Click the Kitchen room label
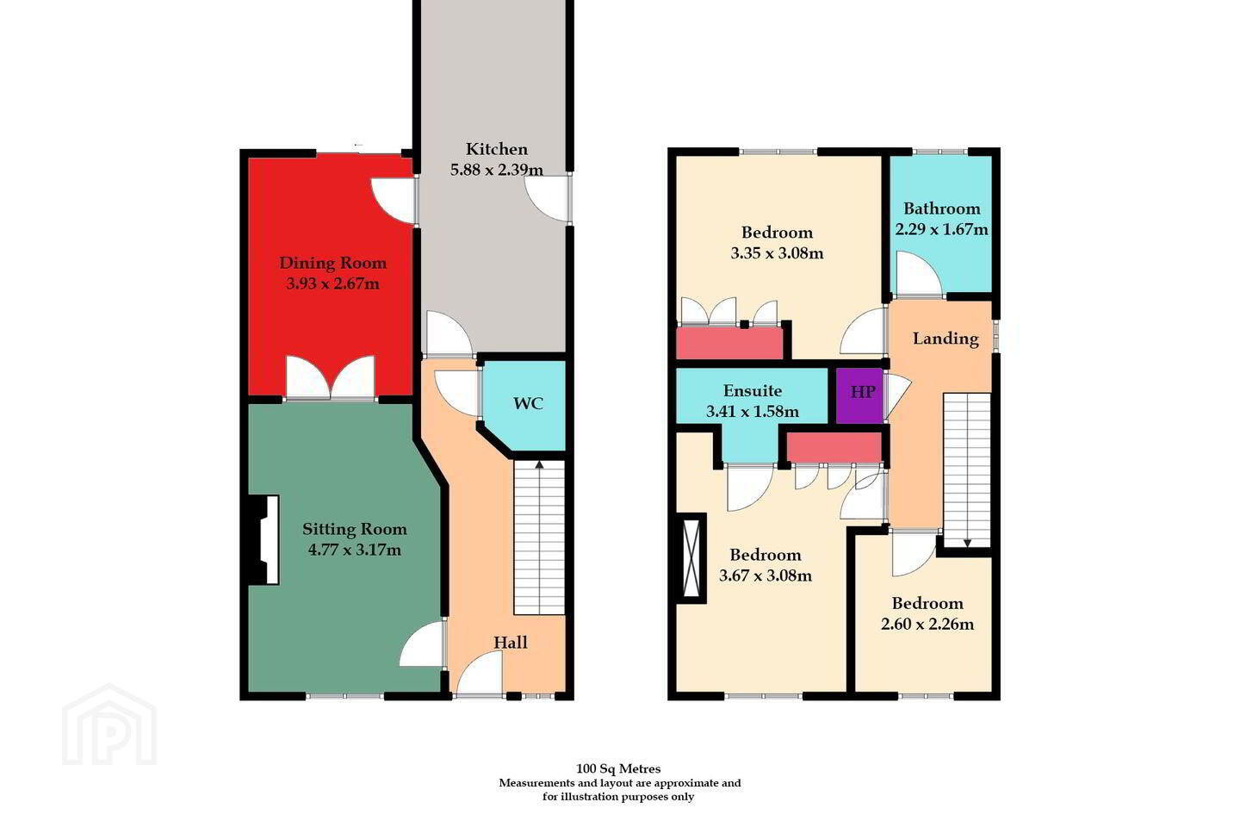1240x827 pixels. (497, 149)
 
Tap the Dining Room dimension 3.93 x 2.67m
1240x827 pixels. (332, 283)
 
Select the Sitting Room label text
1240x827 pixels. (355, 530)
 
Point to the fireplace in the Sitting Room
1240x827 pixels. (263, 539)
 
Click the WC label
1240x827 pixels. (528, 404)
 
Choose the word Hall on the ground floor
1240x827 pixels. (511, 643)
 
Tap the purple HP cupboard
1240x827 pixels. (859, 395)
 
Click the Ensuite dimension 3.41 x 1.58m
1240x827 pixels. (753, 412)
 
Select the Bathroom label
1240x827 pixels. (942, 208)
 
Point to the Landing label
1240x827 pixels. (945, 339)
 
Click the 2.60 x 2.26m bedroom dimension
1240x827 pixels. (927, 625)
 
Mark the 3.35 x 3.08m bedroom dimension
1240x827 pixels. (778, 253)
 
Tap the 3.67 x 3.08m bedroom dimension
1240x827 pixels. (766, 575)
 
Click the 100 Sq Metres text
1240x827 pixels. (618, 768)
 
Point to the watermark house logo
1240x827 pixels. (109, 724)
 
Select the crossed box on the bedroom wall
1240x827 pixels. (691, 558)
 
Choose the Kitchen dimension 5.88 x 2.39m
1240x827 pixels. (497, 170)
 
